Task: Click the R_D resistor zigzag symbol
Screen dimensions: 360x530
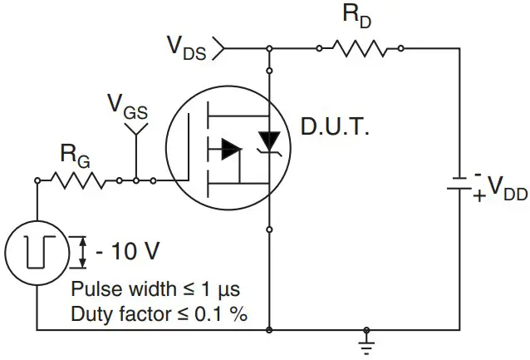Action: point(361,49)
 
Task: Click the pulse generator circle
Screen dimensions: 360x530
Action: point(37,254)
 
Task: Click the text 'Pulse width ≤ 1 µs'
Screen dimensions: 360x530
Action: point(155,290)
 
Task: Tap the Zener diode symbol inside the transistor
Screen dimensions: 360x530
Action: point(269,141)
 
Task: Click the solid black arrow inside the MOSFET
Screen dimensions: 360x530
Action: point(230,150)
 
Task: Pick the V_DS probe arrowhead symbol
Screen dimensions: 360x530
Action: point(218,49)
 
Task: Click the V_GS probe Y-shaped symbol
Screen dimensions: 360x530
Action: point(135,129)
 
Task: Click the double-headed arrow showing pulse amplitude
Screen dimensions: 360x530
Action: point(82,253)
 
